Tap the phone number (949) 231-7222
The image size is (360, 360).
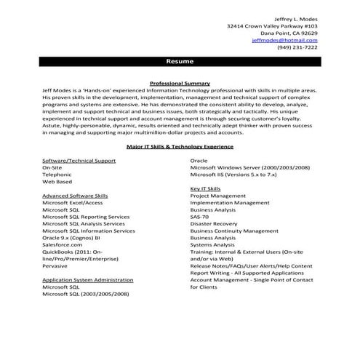(x=297, y=48)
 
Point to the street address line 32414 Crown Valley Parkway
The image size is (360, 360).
(x=272, y=25)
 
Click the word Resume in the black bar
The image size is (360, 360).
(x=179, y=62)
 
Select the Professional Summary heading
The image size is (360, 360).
(x=179, y=83)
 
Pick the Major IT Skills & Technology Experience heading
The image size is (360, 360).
(x=179, y=145)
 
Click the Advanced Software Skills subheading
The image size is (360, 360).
(x=75, y=196)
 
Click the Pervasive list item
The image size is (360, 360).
(x=55, y=265)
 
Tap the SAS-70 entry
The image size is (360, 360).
(x=199, y=217)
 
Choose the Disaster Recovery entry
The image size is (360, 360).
(x=214, y=223)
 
